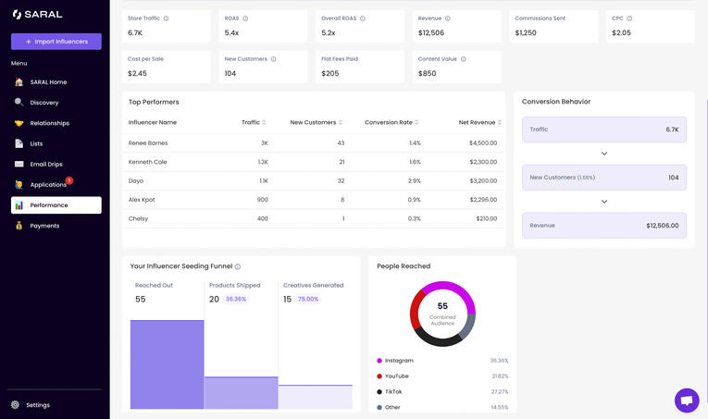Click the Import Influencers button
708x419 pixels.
coord(56,42)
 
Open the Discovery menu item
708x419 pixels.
coord(43,103)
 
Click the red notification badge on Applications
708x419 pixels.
coord(69,180)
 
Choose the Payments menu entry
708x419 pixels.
coord(44,226)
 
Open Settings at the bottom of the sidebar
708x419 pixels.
coord(38,405)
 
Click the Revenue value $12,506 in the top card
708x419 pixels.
coord(431,33)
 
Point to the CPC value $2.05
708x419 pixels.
coord(621,33)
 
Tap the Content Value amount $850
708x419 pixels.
coord(427,73)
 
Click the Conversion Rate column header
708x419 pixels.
coord(389,122)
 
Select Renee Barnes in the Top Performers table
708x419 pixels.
coord(148,143)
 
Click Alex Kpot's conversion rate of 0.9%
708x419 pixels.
coord(414,200)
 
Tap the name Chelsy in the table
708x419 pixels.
coord(138,219)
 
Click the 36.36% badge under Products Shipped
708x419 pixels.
coord(236,300)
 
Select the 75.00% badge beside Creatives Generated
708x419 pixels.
coord(308,300)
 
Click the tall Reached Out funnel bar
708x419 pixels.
coord(167,364)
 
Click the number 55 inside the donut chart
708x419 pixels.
coord(442,306)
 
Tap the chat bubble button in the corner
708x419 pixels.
coord(687,400)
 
